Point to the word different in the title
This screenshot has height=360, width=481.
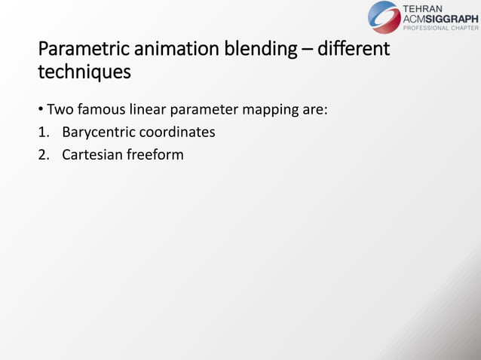tap(354, 50)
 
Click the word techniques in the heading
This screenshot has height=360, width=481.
tap(84, 73)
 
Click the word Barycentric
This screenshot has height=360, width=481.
tap(101, 133)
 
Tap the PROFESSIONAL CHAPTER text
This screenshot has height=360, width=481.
tap(441, 29)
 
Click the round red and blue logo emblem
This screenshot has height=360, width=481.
tap(384, 17)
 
